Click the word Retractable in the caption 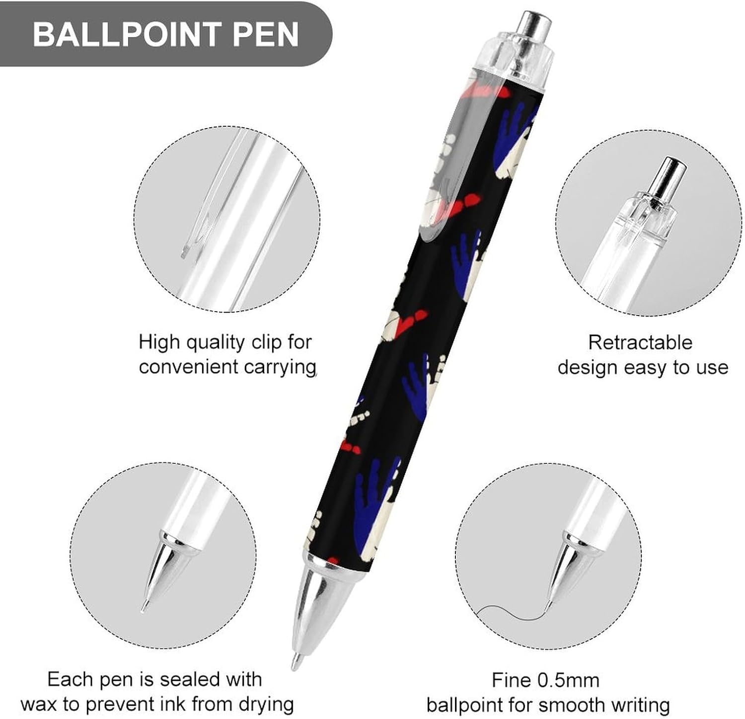(x=640, y=342)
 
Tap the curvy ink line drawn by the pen (x=507, y=612)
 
